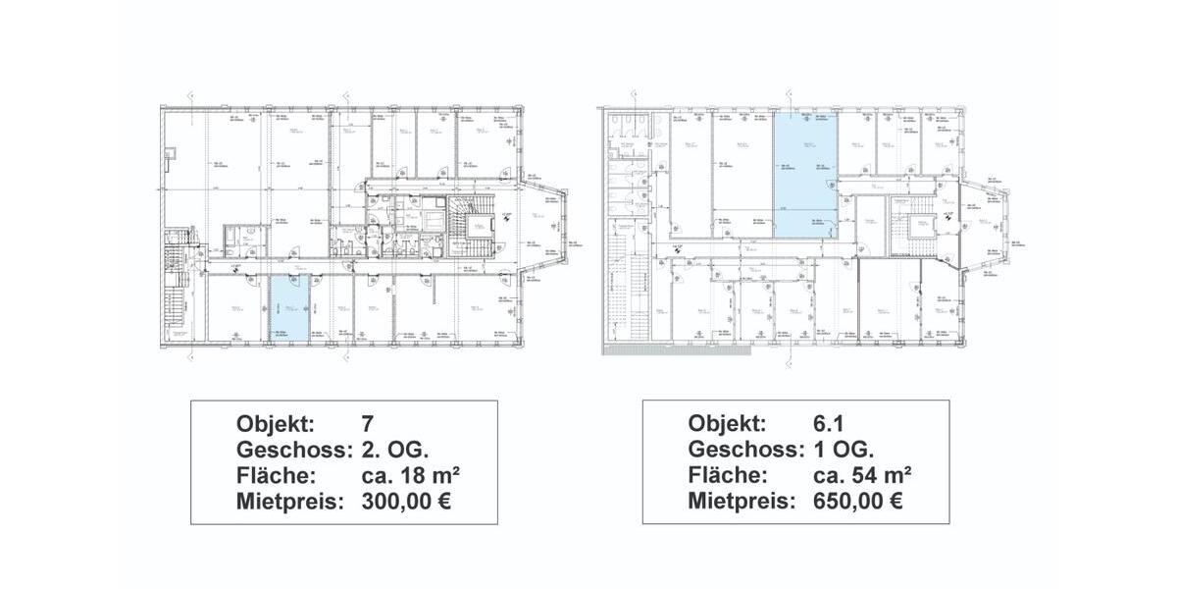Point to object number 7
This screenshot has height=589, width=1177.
coord(369,424)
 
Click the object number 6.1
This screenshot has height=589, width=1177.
coord(828,424)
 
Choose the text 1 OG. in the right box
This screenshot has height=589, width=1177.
coord(844,450)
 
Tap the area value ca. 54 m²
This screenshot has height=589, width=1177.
coord(863,475)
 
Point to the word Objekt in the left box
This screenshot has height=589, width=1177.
coord(276,424)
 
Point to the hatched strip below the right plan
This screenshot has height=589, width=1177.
coord(638,348)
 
